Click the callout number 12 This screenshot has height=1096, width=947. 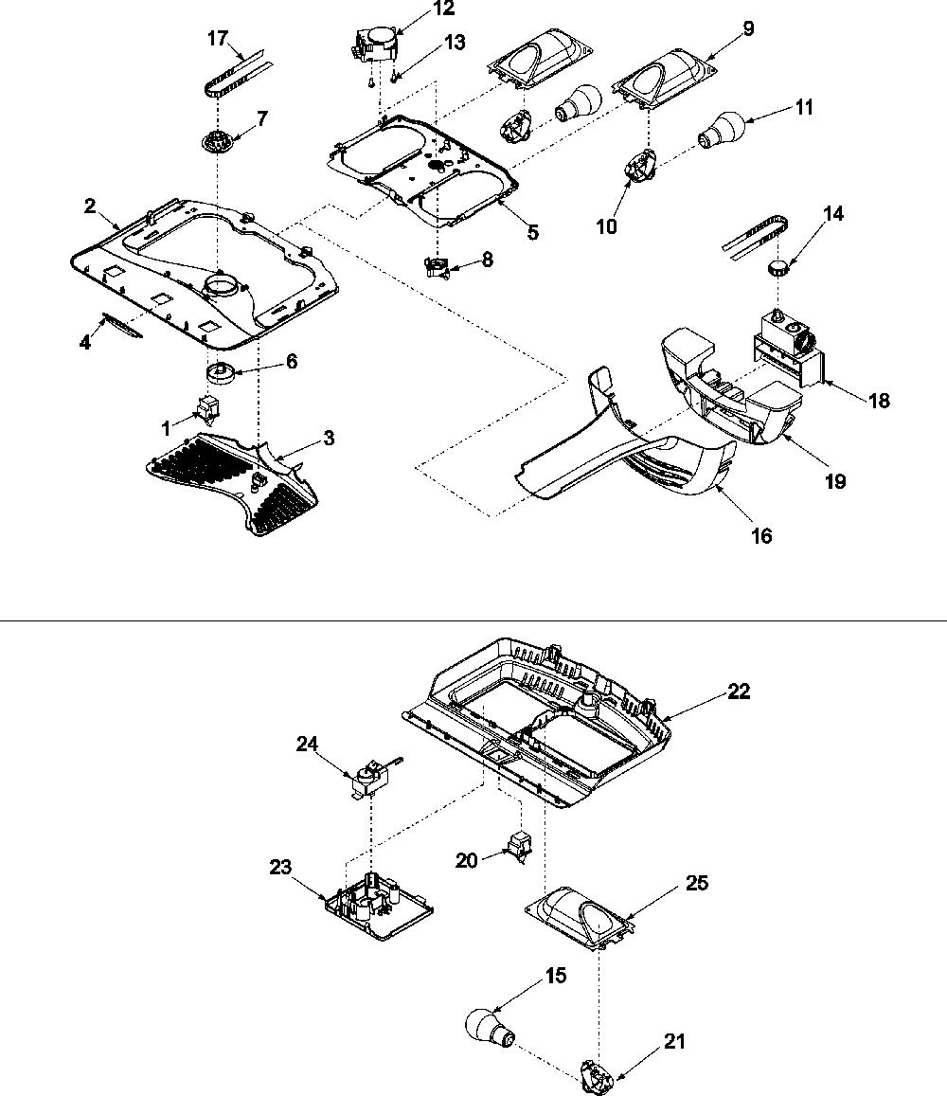[444, 9]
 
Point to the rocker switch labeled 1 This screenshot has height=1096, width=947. [208, 408]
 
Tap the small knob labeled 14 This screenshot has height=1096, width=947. [777, 266]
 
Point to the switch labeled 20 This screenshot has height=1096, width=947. [517, 845]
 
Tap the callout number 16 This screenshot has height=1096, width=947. [761, 535]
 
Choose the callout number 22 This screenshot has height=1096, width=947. [739, 692]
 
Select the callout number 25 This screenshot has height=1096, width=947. [697, 883]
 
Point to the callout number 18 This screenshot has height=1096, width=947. [879, 401]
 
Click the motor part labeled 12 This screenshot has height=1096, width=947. [374, 44]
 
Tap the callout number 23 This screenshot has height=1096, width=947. [280, 867]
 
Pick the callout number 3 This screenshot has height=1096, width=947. [328, 438]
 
